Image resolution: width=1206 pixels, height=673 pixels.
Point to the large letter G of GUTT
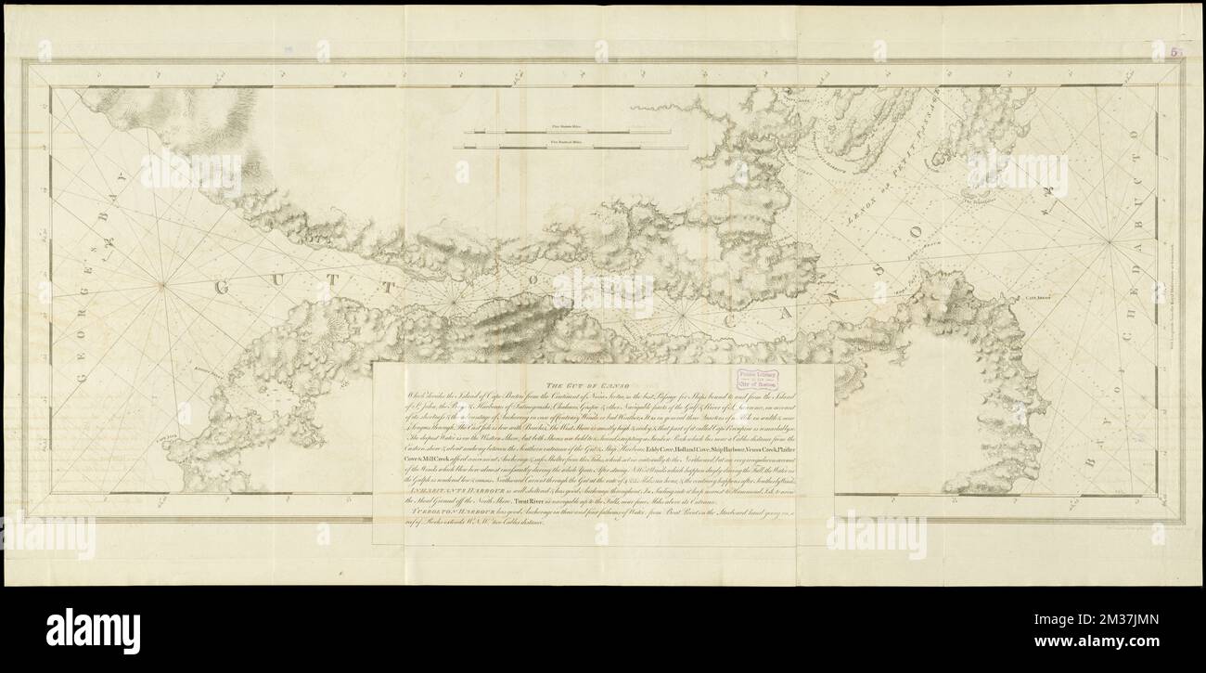point(223,288)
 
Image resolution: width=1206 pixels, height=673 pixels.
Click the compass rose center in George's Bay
point(162,286)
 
